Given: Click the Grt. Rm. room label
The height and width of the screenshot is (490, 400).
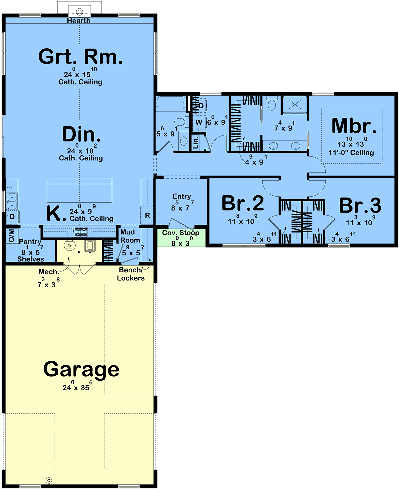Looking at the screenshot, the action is (80, 56).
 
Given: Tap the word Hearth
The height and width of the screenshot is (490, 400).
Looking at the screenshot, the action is (79, 21).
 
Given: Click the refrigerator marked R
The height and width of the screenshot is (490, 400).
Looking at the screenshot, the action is (147, 215).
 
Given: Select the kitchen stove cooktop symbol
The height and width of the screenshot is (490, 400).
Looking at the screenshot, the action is (79, 232).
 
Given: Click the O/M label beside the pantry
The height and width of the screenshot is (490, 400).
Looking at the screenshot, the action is (12, 235).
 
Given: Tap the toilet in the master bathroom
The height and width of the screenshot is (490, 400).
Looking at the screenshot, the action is (272, 103).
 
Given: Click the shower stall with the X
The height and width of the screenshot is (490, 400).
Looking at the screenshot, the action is (295, 105).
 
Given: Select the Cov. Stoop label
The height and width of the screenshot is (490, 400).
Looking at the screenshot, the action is (181, 233).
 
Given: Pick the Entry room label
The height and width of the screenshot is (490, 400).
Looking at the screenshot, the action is (182, 196).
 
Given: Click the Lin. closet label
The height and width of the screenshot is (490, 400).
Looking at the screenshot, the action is (196, 142).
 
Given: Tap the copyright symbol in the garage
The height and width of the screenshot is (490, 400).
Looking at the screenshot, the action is (49, 480).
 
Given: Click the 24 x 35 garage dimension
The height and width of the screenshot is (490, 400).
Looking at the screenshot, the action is (76, 386).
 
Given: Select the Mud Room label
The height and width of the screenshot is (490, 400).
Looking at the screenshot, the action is (130, 236).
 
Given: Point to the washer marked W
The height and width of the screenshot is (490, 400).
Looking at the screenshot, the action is (199, 122).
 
